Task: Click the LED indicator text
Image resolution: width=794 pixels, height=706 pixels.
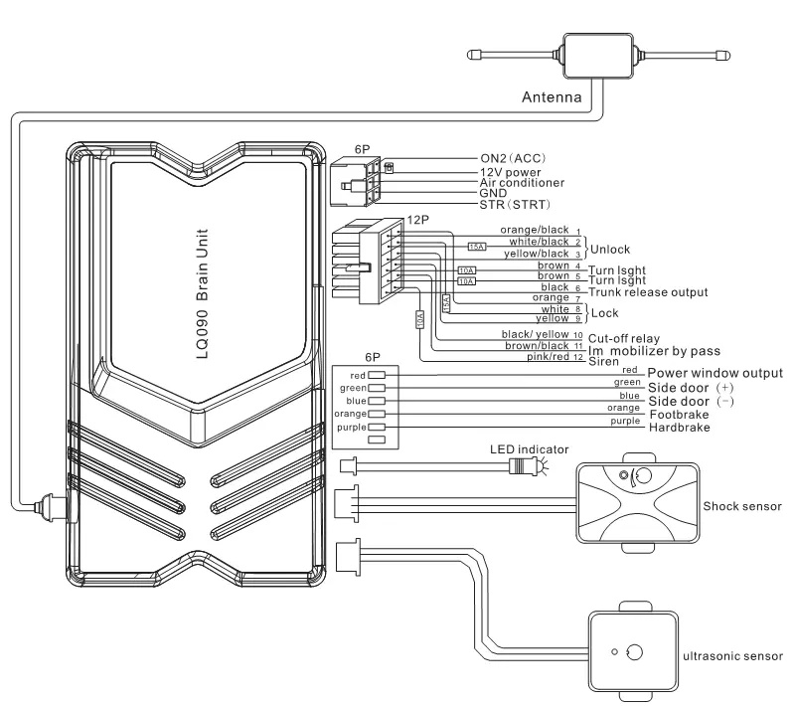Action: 528,447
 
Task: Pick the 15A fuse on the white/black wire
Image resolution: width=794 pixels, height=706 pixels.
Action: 477,246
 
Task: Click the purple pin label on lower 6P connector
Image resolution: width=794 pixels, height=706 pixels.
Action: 351,426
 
